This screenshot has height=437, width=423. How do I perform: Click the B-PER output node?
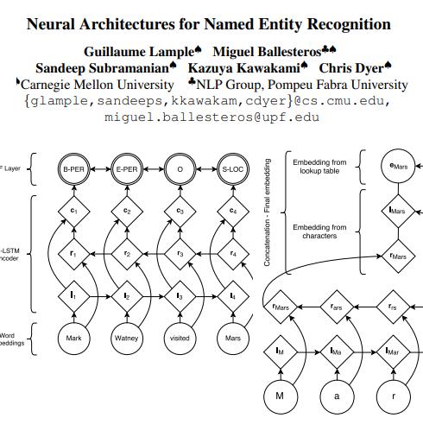coord(74,170)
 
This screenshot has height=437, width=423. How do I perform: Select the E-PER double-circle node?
coord(127,170)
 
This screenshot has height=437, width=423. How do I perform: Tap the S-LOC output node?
coord(232,170)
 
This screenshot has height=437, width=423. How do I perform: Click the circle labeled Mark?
coord(74,338)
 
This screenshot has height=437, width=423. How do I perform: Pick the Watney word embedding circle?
coord(127,338)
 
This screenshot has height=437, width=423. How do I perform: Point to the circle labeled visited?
coord(180,338)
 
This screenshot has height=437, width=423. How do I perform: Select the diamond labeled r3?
coord(180,254)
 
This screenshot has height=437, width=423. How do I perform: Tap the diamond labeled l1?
coord(74,295)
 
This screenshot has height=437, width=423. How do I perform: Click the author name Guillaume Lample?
coord(139,51)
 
